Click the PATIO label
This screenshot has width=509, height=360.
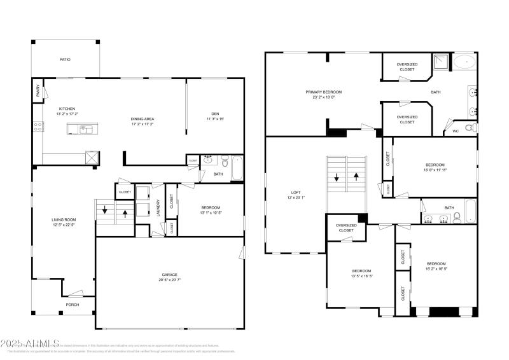[x=65, y=60]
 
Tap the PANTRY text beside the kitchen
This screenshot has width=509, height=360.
[x=37, y=92]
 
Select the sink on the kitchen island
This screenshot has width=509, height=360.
[x=85, y=130]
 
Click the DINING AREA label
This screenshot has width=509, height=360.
[x=143, y=119]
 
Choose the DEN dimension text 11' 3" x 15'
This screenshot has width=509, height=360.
[x=214, y=119]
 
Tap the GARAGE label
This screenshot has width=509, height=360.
[x=169, y=275]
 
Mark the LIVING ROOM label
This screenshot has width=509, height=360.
[x=64, y=220]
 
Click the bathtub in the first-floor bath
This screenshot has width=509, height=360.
[x=237, y=168]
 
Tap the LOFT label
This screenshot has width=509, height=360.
[x=295, y=192]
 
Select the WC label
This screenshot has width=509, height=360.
[x=455, y=131]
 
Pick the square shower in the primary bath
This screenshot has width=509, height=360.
[x=440, y=62]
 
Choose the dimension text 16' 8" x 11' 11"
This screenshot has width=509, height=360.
[x=435, y=169]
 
